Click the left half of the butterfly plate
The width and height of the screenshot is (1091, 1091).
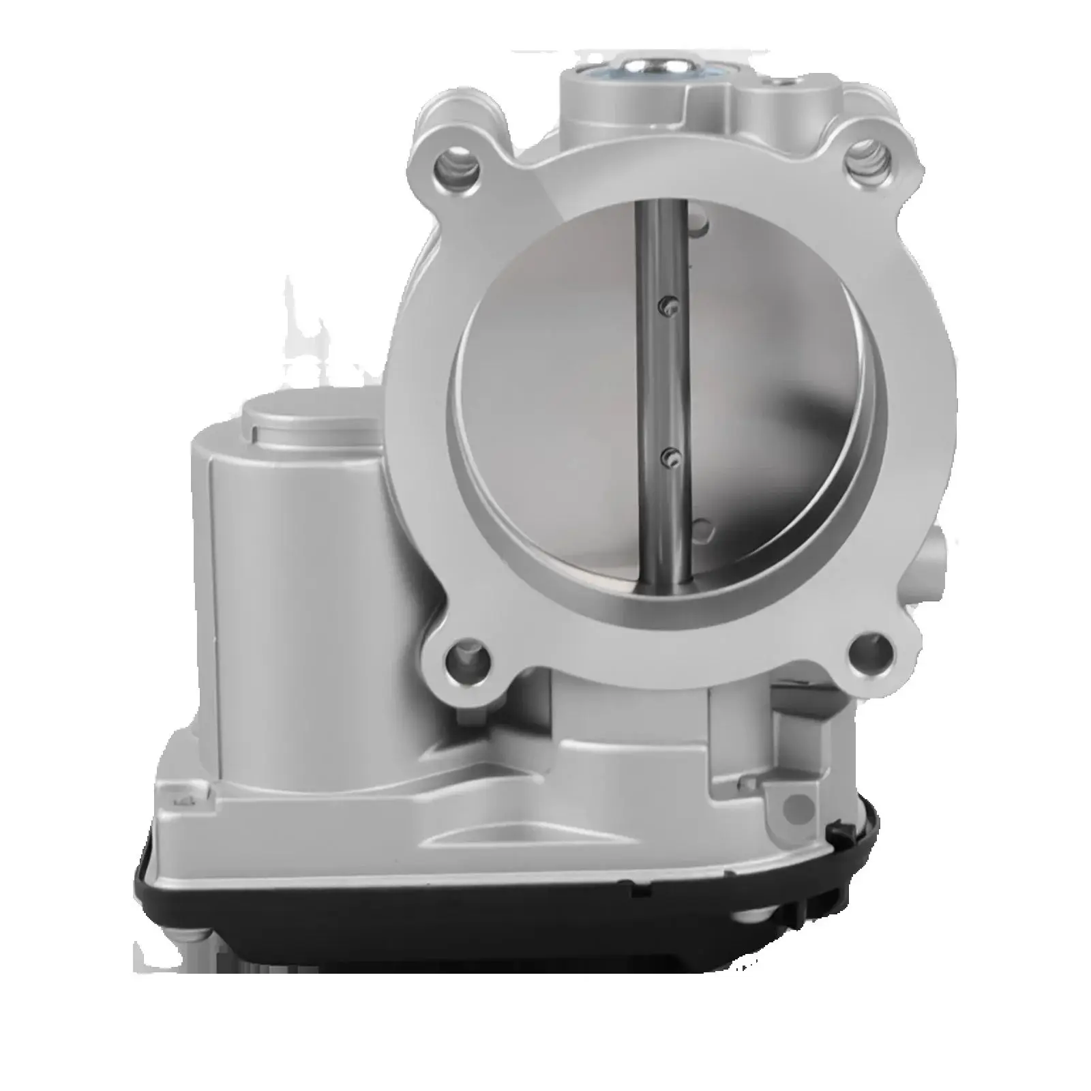click(x=545, y=409)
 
